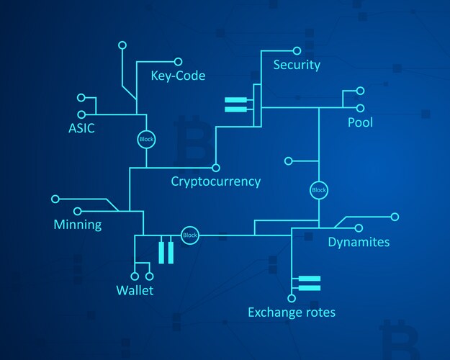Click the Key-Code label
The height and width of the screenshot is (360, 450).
point(178,76)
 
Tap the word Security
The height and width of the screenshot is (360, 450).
point(297,65)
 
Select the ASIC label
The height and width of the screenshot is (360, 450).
point(81,129)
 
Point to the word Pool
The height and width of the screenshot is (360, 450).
point(360,122)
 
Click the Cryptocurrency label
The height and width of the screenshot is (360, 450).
point(215,181)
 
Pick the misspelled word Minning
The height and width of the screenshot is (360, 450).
point(78,225)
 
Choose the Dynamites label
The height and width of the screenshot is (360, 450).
point(359,242)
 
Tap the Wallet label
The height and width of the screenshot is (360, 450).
point(135,291)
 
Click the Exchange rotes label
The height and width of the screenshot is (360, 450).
point(292,312)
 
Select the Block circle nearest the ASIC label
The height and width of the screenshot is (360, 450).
point(146,139)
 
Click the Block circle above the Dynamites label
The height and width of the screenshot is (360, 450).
point(318,190)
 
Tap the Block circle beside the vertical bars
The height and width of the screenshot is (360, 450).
point(190,235)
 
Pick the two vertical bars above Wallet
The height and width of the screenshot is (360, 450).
point(166,251)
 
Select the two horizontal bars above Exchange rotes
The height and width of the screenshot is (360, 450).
point(309,282)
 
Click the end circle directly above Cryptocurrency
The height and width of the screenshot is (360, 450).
point(215,165)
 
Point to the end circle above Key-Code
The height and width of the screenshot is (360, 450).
point(122,45)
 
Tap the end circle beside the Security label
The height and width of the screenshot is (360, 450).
point(297,51)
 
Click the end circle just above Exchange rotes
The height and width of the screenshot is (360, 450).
point(292,297)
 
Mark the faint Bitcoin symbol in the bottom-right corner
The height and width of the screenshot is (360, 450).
point(398,338)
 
